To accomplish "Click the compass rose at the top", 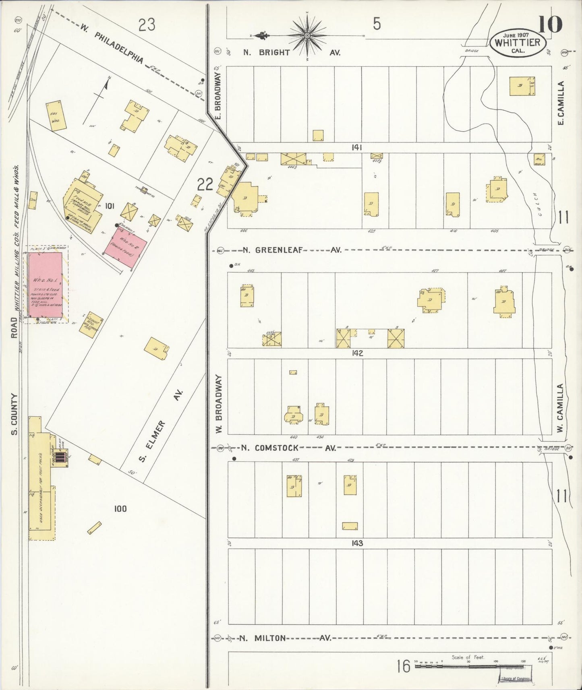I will [x=307, y=35].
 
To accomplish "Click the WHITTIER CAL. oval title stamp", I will [x=518, y=43].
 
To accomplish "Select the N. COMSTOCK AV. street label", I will [x=288, y=448].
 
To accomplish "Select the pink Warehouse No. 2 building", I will [x=125, y=248].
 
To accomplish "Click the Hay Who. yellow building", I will [x=56, y=116].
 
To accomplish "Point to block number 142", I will [x=357, y=353].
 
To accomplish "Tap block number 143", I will [x=357, y=543].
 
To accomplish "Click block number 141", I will [x=356, y=148].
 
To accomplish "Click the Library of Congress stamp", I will [x=516, y=679].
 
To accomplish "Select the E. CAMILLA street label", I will [x=561, y=103].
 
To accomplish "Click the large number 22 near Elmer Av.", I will [x=205, y=185].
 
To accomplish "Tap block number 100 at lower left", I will [x=120, y=509].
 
